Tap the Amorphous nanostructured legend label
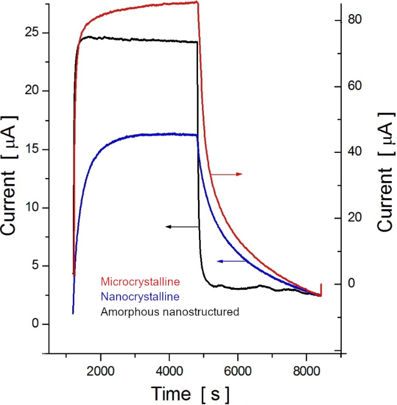click(170, 312)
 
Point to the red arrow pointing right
click(227, 175)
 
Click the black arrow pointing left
click(182, 226)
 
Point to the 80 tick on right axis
click(357, 20)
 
